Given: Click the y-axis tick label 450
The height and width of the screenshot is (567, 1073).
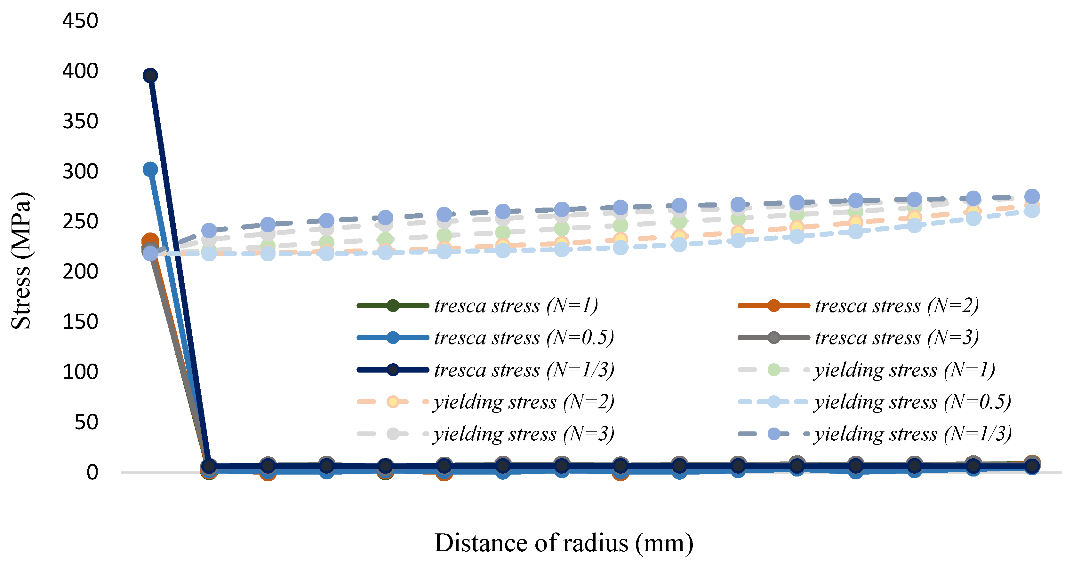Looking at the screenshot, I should click(x=80, y=21).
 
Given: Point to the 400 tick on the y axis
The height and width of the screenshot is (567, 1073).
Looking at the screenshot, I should click(x=80, y=71).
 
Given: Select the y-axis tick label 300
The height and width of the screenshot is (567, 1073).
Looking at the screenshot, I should click(x=80, y=171).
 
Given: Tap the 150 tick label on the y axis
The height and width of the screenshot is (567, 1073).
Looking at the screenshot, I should click(x=80, y=322).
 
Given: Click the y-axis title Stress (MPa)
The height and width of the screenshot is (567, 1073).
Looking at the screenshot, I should click(x=21, y=261).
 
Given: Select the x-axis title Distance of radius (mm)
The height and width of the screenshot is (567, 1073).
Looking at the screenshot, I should click(x=564, y=543).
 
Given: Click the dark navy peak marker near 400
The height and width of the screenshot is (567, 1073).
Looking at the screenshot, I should click(x=150, y=76).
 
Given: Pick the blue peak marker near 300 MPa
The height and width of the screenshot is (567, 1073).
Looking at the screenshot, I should click(x=150, y=169).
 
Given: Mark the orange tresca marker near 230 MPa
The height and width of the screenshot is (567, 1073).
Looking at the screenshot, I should click(x=150, y=241).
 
